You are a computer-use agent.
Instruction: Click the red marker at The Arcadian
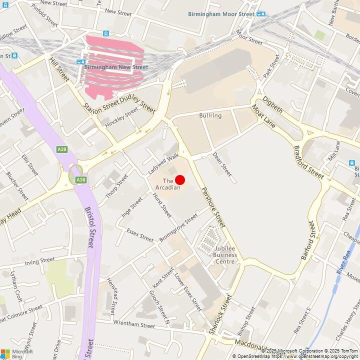(x=180, y=180)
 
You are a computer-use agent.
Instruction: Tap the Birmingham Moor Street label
(x=221, y=14)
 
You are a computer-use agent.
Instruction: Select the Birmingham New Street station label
(x=116, y=67)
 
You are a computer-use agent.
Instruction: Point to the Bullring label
(x=210, y=115)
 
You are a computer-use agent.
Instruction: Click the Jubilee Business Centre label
(x=224, y=254)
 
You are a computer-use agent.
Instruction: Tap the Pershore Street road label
(x=213, y=205)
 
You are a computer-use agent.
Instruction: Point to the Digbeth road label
(x=272, y=103)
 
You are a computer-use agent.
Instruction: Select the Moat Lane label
(x=263, y=116)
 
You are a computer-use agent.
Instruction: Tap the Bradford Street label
(x=309, y=162)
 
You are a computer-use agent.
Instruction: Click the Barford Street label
(x=309, y=240)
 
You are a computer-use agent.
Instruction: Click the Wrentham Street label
(x=134, y=324)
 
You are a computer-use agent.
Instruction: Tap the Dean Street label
(x=222, y=164)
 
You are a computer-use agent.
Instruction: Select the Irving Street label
(x=39, y=260)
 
